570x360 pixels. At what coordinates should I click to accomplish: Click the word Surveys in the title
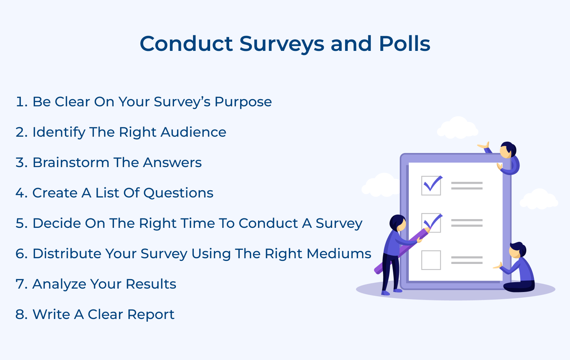(282, 44)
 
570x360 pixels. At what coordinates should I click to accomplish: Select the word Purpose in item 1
(243, 102)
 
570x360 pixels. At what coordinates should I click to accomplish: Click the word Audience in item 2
(193, 132)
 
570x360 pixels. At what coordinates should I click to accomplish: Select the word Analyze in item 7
(59, 284)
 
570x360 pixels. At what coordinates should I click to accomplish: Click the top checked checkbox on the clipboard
(431, 186)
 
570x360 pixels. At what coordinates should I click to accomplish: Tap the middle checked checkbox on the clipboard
(431, 223)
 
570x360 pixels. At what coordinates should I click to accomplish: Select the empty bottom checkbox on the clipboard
(431, 260)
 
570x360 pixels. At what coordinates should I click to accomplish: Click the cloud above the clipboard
(458, 128)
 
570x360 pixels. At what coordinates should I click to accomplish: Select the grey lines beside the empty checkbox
(467, 260)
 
